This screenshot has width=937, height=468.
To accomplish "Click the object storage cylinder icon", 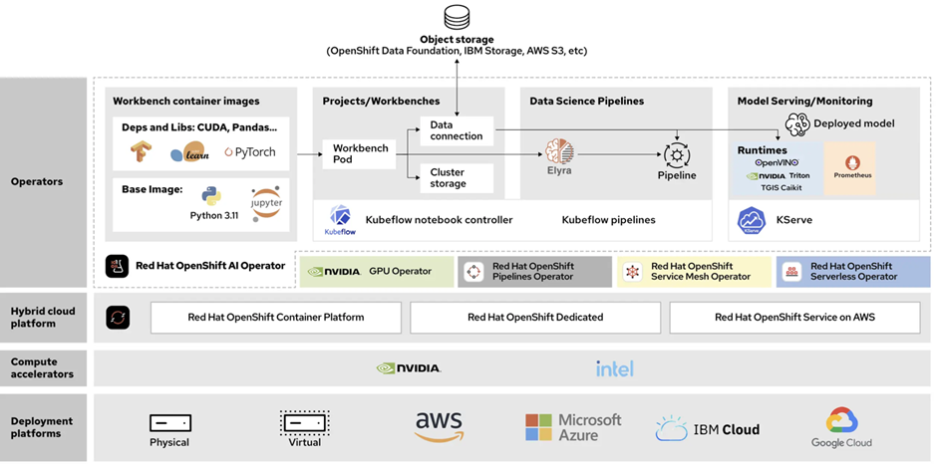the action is (457, 17).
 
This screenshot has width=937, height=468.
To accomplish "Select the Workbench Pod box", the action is (360, 154).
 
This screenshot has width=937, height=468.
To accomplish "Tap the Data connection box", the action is (457, 130).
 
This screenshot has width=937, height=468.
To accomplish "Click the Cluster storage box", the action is (457, 178).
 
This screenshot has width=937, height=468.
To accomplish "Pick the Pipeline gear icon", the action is (677, 155).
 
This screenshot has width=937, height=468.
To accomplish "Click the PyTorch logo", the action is (250, 152).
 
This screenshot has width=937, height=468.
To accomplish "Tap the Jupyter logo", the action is (266, 203).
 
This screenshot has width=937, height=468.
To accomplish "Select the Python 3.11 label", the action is (214, 215).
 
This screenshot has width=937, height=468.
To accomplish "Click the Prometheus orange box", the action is (849, 167).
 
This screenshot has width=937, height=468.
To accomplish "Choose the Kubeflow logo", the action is (340, 220).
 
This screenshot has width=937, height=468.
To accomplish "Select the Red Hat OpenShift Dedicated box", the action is (535, 318).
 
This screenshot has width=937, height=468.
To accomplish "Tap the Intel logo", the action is (614, 368).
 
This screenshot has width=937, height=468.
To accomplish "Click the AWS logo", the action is (439, 426).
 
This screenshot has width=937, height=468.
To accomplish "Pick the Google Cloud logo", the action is (841, 427).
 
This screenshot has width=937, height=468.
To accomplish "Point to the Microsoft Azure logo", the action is (573, 427).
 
